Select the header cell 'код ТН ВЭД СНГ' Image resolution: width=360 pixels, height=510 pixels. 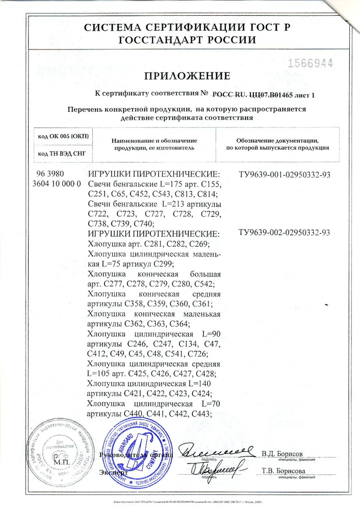60,152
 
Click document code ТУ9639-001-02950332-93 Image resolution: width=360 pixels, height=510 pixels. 285,175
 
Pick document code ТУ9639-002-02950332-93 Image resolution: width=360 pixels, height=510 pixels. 285,233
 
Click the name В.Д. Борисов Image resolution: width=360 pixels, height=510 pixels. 282,453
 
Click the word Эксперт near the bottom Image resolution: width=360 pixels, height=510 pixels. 111,472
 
